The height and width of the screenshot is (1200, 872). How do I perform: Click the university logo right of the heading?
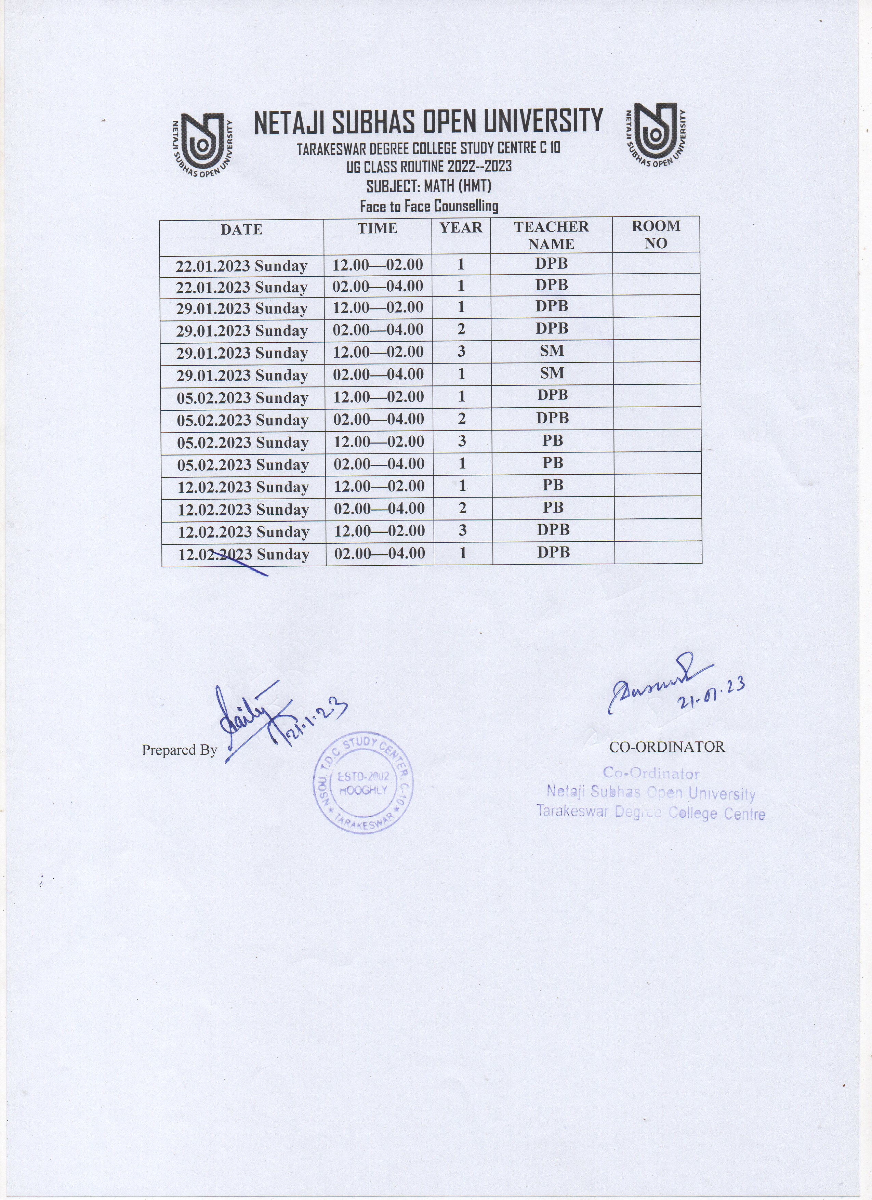pyautogui.click(x=655, y=135)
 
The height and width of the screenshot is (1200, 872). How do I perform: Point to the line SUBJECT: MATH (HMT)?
pyautogui.click(x=428, y=186)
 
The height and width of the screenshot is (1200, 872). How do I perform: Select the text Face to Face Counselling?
pyautogui.click(x=428, y=206)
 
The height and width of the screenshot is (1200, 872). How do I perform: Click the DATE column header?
pyautogui.click(x=241, y=229)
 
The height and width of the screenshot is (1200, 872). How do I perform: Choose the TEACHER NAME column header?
pyautogui.click(x=551, y=235)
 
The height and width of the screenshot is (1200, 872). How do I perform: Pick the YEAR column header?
pyautogui.click(x=461, y=228)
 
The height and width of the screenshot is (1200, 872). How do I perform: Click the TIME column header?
pyautogui.click(x=377, y=228)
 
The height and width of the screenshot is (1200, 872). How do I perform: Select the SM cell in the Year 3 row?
pyautogui.click(x=552, y=351)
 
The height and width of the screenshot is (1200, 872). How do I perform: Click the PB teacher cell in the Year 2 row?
pyautogui.click(x=553, y=508)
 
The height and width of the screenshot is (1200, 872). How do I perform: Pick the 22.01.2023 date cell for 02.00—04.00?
pyautogui.click(x=241, y=287)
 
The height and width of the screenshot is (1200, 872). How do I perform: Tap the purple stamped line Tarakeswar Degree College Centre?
pyautogui.click(x=650, y=812)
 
